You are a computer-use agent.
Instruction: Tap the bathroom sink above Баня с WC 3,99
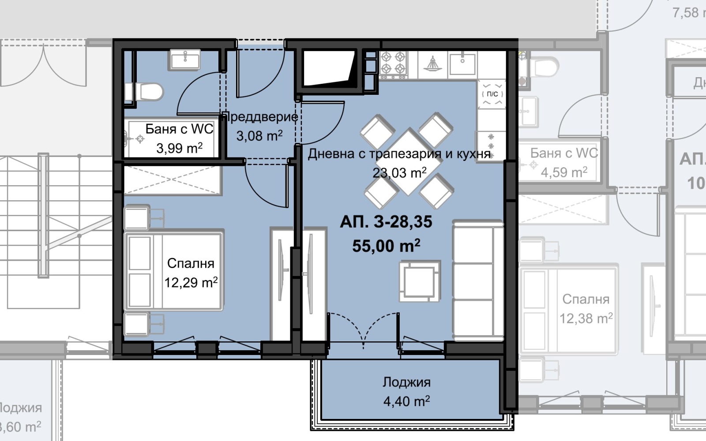pos(185,59)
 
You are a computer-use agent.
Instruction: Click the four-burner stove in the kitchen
pos(393,63)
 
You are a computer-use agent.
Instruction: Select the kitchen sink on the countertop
pos(462,63)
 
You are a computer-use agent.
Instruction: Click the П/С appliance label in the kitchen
pos(492,94)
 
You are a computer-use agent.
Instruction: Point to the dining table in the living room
pos(409,161)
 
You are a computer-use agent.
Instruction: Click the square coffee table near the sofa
pos(420,281)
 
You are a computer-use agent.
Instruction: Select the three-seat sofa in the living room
pos(478,281)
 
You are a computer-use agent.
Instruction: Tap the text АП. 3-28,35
pos(386,222)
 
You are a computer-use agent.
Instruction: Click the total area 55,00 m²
pos(386,246)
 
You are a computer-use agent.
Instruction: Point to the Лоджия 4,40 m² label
pos(406,392)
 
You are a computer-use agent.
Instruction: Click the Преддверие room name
pos(260,117)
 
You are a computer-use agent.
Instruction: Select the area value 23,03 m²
pos(399,172)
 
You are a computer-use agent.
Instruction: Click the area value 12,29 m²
pos(191,282)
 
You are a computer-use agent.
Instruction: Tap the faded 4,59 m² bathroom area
pos(563,172)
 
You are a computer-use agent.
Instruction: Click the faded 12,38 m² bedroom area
pos(586,318)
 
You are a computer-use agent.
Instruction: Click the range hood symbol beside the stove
pos(432,64)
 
